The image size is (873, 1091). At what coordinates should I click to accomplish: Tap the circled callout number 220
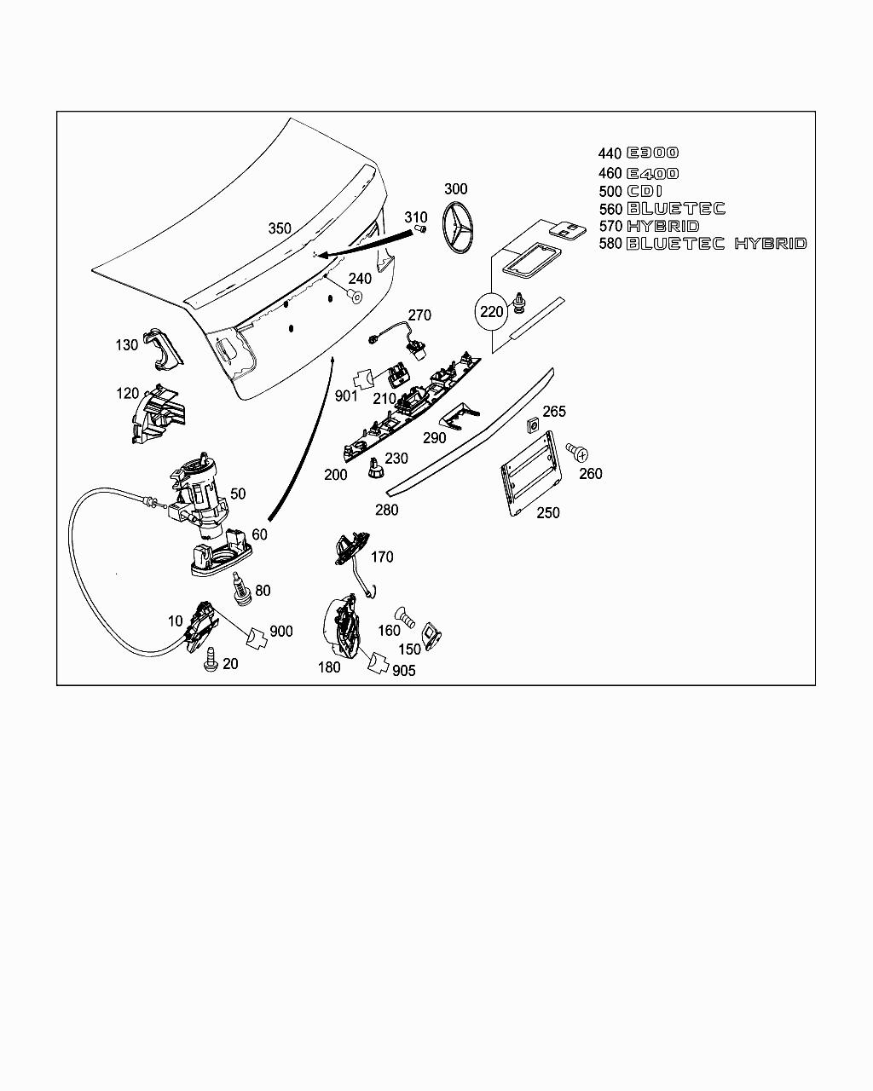[x=492, y=312]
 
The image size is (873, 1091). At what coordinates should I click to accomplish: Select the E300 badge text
[x=653, y=153]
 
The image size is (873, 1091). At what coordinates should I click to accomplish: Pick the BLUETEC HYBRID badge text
[x=716, y=244]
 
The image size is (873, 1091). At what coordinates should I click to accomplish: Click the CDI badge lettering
[x=645, y=192]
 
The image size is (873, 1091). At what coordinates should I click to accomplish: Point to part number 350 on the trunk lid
[x=280, y=228]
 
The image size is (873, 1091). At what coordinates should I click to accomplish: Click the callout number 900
[x=280, y=632]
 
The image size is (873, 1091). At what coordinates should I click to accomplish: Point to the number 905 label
[x=404, y=671]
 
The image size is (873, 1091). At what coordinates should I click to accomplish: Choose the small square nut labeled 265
[x=531, y=424]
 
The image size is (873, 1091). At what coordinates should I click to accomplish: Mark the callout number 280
[x=386, y=510]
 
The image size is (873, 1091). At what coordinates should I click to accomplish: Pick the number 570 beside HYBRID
[x=610, y=227]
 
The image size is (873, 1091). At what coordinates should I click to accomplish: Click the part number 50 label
[x=238, y=494]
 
